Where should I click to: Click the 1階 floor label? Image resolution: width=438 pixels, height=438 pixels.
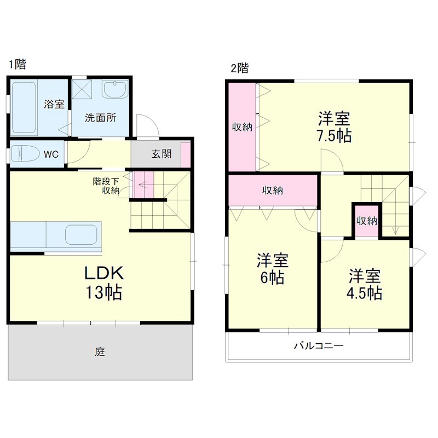[17, 65]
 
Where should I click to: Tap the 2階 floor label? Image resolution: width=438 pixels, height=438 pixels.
[239, 68]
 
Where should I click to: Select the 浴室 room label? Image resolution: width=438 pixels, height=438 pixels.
[54, 104]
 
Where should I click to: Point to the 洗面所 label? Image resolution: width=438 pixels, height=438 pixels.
[99, 117]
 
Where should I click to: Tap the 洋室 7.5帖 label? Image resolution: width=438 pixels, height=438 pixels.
[335, 126]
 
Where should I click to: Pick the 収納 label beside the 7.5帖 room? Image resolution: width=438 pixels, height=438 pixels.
[241, 128]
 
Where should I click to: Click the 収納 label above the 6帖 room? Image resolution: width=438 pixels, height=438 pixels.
[273, 191]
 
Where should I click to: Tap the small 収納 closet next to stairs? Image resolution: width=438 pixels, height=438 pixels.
[367, 221]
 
